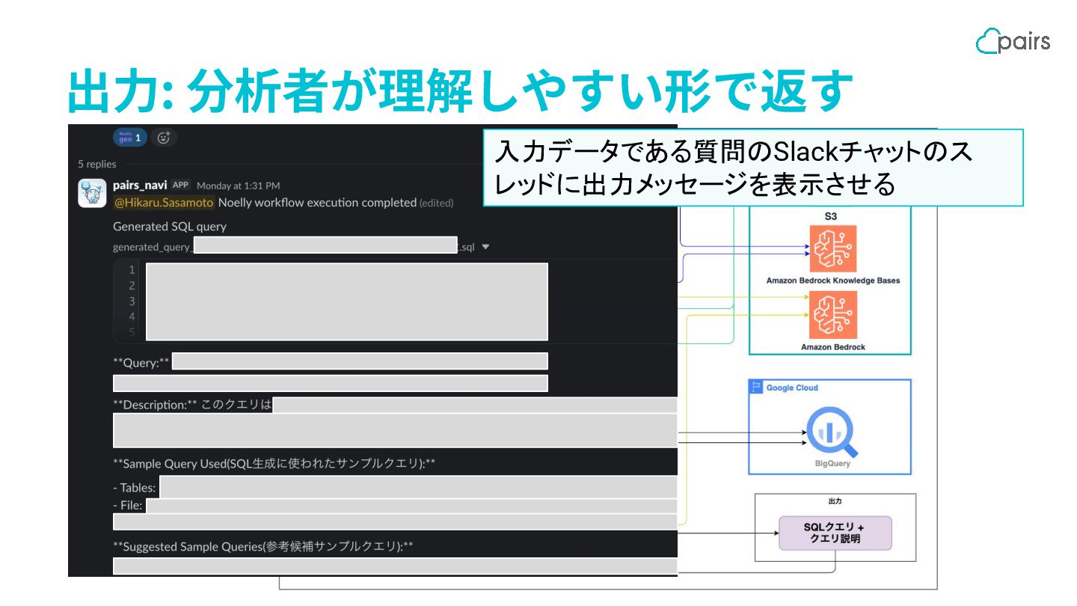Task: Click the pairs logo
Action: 1013,40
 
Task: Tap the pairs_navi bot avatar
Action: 92,193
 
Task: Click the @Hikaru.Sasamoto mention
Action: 164,203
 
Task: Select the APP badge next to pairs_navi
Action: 180,185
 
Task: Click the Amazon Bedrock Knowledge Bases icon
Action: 833,248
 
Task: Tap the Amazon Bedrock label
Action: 833,347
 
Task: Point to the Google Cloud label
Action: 792,388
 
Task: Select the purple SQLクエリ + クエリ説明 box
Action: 835,533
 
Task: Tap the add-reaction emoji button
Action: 164,137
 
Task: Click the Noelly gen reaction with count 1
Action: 130,138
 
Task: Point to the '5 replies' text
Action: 97,164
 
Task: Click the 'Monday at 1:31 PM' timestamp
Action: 238,186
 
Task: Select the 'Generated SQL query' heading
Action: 170,226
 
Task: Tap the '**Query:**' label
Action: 142,363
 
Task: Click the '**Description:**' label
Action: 155,405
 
